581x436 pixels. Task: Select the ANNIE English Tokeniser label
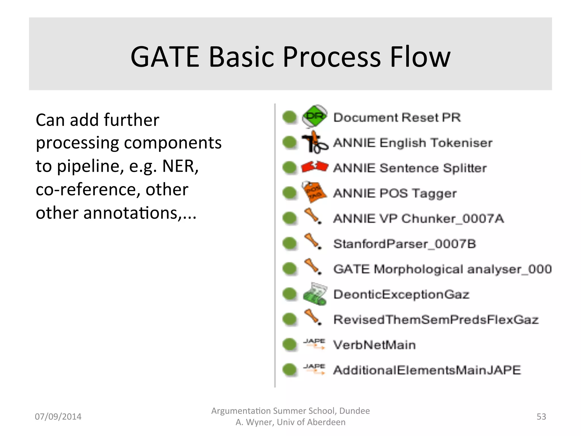pos(413,142)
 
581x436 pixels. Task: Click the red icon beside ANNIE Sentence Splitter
pos(315,167)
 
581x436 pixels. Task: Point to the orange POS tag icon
pos(314,192)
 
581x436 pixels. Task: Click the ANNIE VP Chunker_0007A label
pos(418,219)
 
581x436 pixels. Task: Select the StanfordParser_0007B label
pos(405,244)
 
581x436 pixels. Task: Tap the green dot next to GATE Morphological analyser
pos(290,269)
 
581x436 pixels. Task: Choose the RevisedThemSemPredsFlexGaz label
pos(436,320)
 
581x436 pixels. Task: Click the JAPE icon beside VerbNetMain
pos(314,344)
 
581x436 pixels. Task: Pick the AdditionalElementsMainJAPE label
pos(427,370)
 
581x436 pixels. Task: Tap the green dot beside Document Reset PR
pos(290,117)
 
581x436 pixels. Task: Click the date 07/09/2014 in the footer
pos(58,416)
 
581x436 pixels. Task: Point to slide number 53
pos(541,416)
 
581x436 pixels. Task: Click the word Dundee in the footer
pos(354,411)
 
